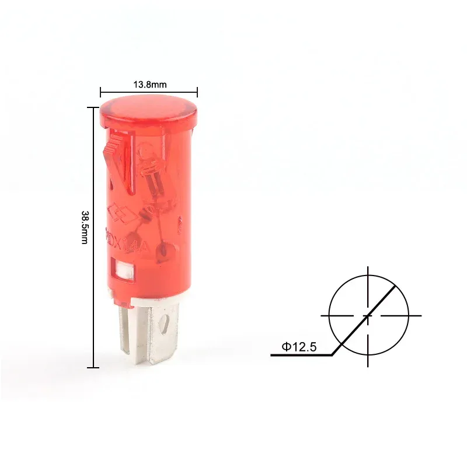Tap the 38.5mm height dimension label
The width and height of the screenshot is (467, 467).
(85, 227)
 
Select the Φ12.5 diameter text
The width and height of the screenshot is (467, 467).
(299, 347)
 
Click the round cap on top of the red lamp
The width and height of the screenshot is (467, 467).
(148, 111)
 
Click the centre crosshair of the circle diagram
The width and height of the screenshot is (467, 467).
(368, 315)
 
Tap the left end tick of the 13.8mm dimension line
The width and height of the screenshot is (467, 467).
(101, 92)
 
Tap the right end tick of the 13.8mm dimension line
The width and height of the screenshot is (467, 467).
(197, 92)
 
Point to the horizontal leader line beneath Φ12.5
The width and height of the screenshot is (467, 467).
(301, 355)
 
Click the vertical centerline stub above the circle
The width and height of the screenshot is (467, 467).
(368, 273)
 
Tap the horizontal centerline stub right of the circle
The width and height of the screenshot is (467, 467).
(414, 315)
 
